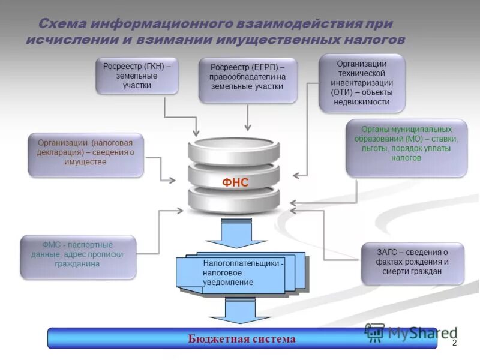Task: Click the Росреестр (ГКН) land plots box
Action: (x=137, y=76)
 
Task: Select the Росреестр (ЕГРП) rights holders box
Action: (x=247, y=80)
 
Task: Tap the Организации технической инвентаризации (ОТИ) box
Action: (x=361, y=83)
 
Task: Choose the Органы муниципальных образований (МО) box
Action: (x=406, y=148)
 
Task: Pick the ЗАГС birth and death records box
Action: (x=412, y=263)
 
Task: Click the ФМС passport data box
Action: (x=78, y=256)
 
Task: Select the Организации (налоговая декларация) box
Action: (x=86, y=154)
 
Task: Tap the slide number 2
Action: (x=454, y=343)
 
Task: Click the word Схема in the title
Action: (x=62, y=25)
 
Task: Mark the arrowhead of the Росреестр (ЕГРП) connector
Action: (x=247, y=127)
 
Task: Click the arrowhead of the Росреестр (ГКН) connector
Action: (x=196, y=131)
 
